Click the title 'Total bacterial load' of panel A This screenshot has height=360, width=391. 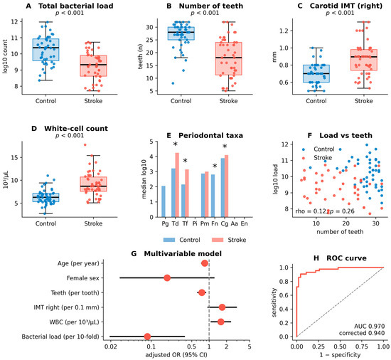tap(76, 6)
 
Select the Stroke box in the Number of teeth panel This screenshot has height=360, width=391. tap(229, 58)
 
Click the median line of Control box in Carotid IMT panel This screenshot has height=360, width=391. tap(316, 73)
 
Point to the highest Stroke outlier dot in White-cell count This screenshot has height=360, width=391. tap(85, 144)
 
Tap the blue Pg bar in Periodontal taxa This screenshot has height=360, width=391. tap(164, 201)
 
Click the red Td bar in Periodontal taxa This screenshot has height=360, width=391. tap(177, 185)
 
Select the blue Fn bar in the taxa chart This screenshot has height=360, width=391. tap(213, 196)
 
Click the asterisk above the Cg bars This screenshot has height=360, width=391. tap(225, 147)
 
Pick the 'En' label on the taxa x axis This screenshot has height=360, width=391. tap(244, 223)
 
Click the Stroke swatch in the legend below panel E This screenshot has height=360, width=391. tap(218, 240)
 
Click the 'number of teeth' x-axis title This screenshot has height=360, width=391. tap(340, 232)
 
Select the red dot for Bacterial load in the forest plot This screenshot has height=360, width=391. tap(147, 337)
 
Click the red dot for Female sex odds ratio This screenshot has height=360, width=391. tap(167, 278)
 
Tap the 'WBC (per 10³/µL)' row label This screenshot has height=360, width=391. tap(75, 322)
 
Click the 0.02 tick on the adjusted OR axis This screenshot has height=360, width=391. tap(110, 346)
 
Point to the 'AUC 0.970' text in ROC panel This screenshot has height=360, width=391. tap(369, 326)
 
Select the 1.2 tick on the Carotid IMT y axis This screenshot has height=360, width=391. tap(284, 31)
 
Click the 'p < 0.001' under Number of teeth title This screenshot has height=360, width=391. tap(205, 13)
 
